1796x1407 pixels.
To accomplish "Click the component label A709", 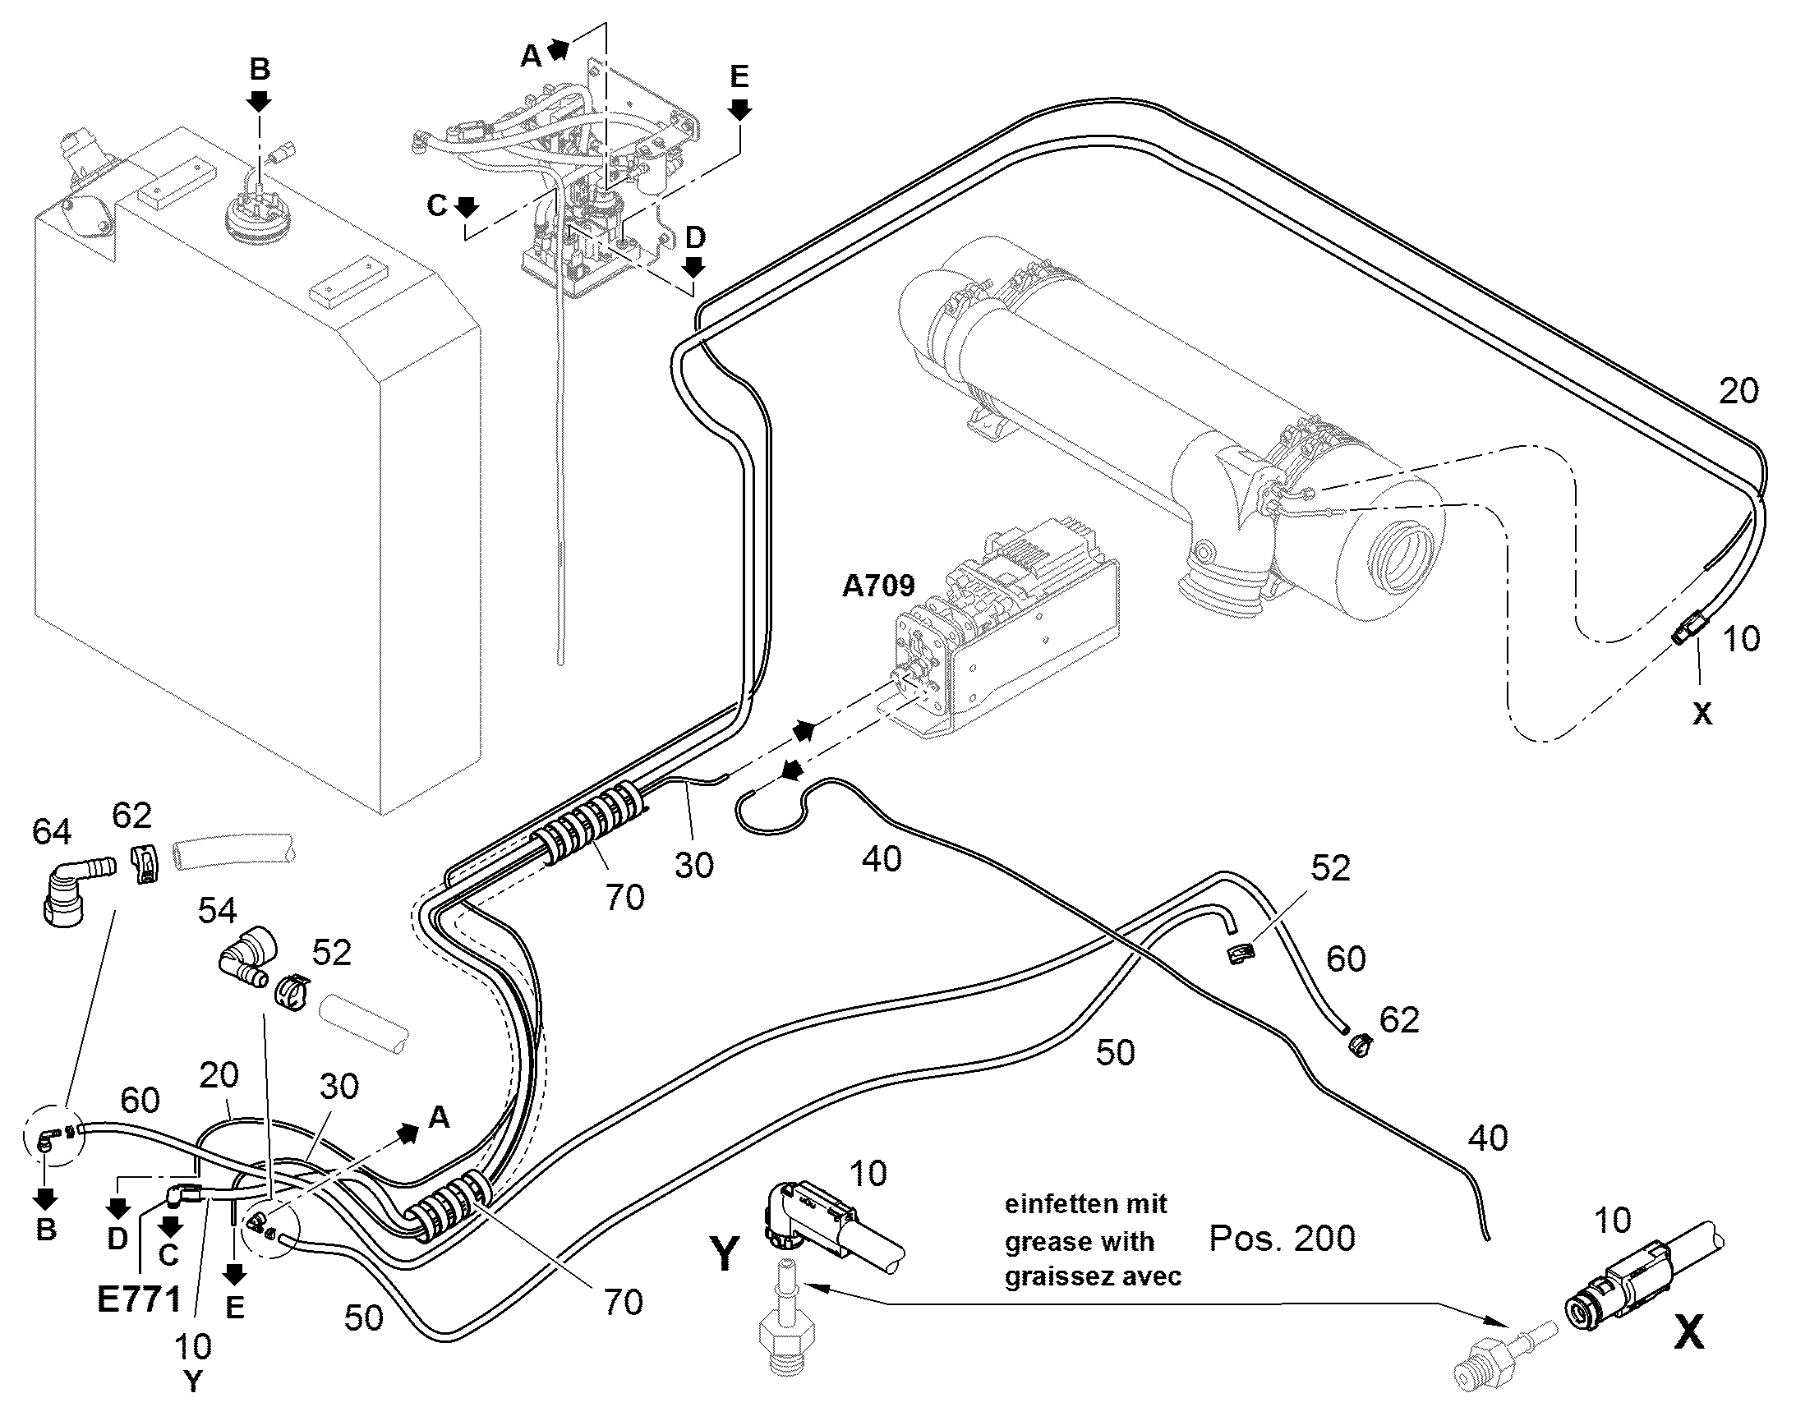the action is click(878, 586).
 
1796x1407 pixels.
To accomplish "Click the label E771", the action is click(139, 1300).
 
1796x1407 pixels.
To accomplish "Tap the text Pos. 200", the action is click(1282, 1238).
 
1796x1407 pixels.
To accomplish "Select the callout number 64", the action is click(51, 832).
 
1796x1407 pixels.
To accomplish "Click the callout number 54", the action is click(218, 911).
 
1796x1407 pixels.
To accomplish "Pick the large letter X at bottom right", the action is click(1689, 1332).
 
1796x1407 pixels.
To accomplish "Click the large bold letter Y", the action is click(724, 1254).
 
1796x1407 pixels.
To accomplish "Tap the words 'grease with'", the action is click(1080, 1241).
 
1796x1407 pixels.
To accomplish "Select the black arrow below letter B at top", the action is click(260, 101).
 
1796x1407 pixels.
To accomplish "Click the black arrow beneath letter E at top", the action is click(739, 109).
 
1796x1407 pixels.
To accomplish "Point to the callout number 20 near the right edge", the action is click(1738, 390).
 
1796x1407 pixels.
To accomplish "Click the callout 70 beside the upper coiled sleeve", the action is click(624, 898).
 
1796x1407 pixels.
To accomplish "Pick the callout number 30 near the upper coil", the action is click(693, 865).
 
